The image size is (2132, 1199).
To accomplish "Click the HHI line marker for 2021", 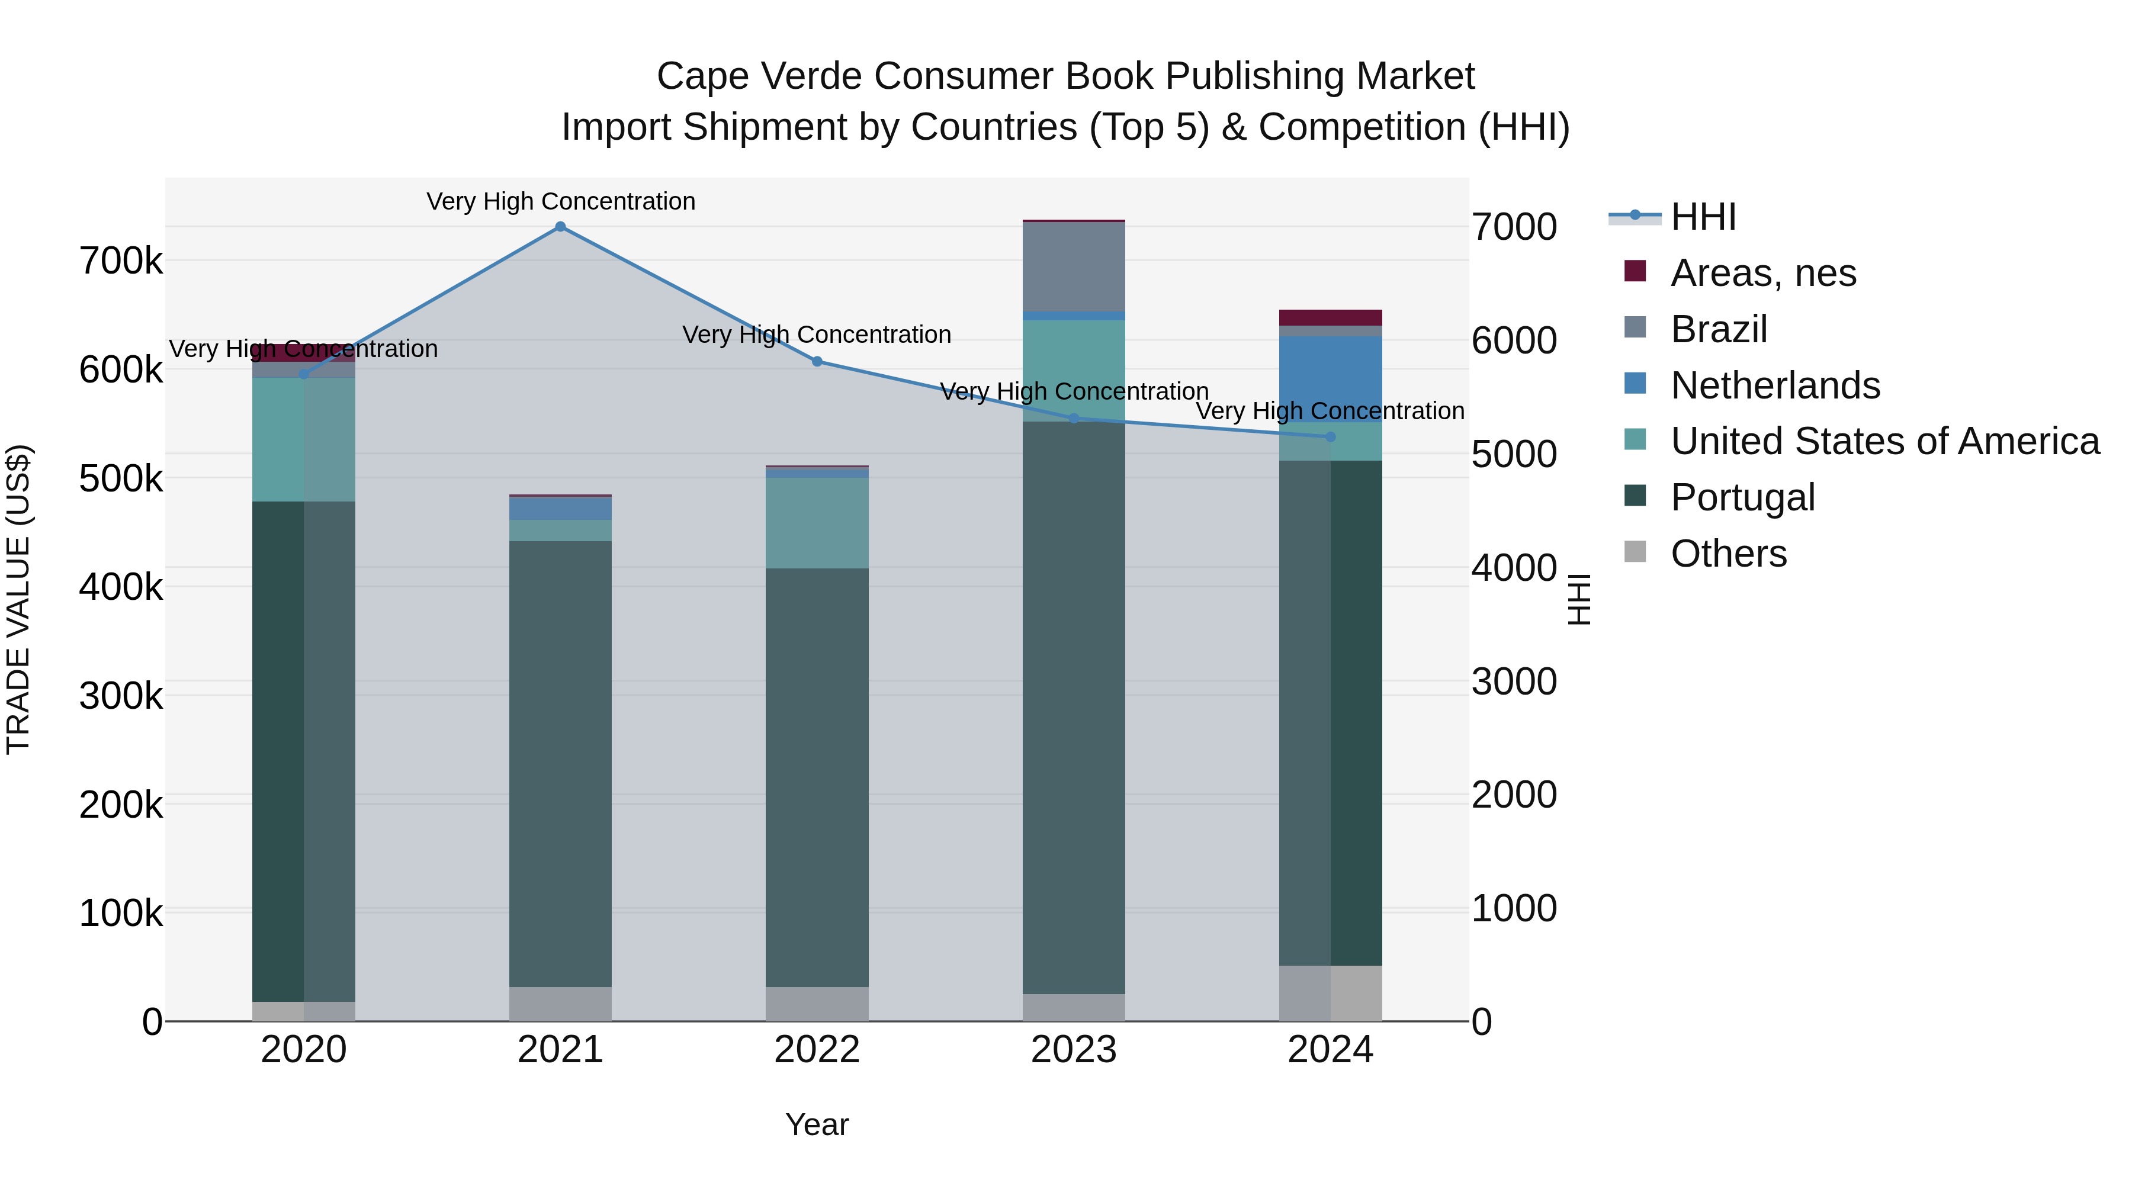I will pyautogui.click(x=560, y=227).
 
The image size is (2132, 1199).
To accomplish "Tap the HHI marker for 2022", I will pyautogui.click(x=817, y=362).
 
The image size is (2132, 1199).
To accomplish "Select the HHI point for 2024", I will pyautogui.click(x=1331, y=437).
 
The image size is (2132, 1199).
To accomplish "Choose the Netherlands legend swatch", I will pyautogui.click(x=1635, y=384).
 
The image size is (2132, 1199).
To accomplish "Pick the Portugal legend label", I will pyautogui.click(x=1742, y=497).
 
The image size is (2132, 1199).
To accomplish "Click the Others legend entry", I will pyautogui.click(x=1728, y=554).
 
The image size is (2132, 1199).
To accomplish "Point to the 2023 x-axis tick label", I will pyautogui.click(x=1074, y=1050).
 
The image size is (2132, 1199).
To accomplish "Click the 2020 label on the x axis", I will pyautogui.click(x=304, y=1050).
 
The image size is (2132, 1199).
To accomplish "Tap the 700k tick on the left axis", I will pyautogui.click(x=121, y=262).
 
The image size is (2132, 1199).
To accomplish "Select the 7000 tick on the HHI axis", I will pyautogui.click(x=1514, y=227).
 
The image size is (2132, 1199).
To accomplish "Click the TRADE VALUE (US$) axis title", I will pyautogui.click(x=18, y=599).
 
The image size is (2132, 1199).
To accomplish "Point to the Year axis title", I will pyautogui.click(x=817, y=1124).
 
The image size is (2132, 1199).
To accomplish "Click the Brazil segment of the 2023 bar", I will pyautogui.click(x=1074, y=266).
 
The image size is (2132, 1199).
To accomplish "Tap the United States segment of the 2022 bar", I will pyautogui.click(x=817, y=523).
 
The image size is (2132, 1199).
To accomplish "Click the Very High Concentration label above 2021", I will pyautogui.click(x=560, y=201).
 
